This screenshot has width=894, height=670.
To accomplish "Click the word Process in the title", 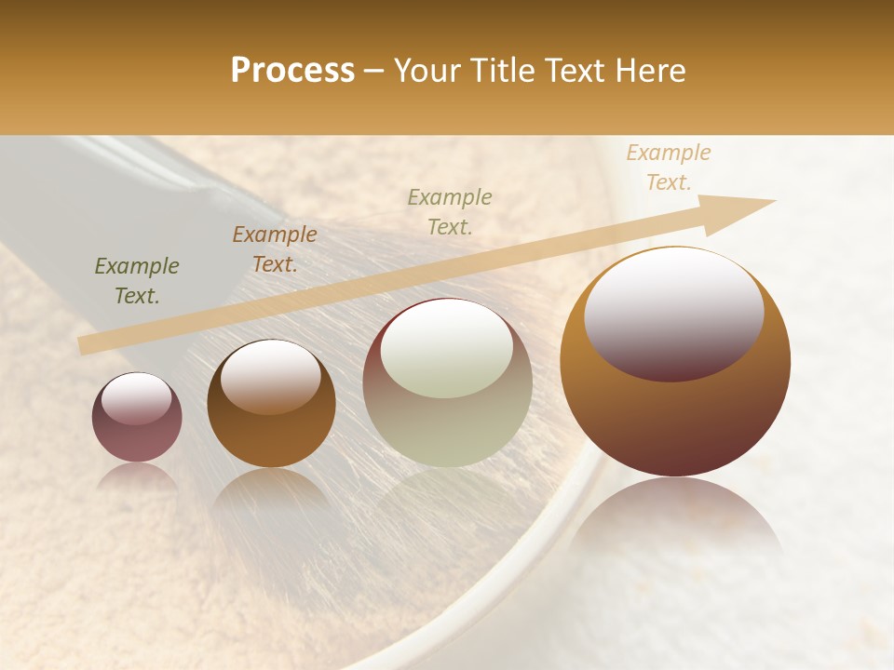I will click(x=292, y=71).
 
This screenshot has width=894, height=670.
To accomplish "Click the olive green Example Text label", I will click(x=137, y=281).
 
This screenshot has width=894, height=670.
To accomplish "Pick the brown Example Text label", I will click(x=274, y=249).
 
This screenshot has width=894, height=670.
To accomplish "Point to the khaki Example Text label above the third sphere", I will click(x=450, y=211).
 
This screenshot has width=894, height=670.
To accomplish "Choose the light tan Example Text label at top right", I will click(x=668, y=167).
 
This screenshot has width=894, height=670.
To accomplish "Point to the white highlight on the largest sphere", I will click(x=674, y=312).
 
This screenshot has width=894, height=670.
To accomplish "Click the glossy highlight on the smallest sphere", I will click(x=136, y=398).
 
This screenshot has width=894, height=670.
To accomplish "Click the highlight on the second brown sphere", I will click(x=271, y=375).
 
